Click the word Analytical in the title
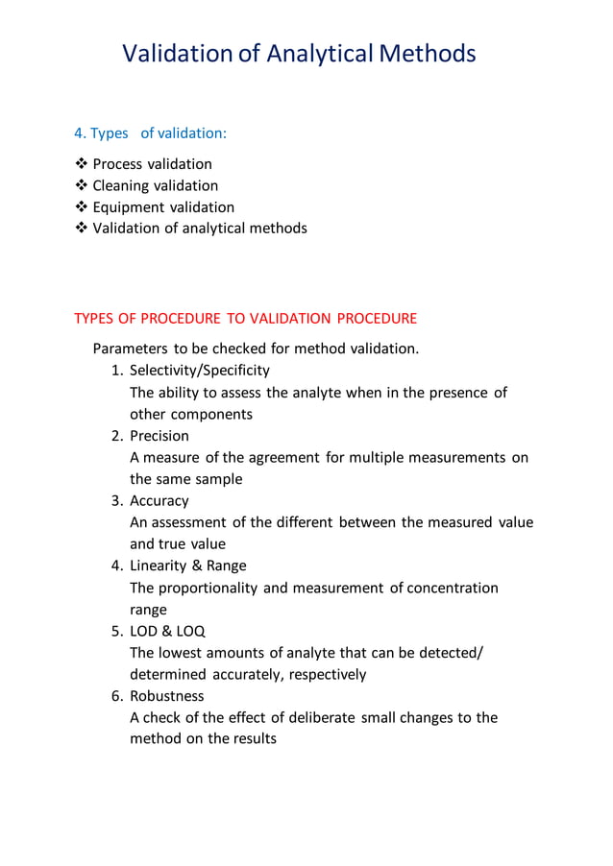tap(319, 53)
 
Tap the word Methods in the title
tap(428, 53)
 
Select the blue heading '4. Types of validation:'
tap(151, 132)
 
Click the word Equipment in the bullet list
tap(130, 207)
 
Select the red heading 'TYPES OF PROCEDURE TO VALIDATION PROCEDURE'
tap(245, 318)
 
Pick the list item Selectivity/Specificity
tap(200, 371)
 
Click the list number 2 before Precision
tap(114, 436)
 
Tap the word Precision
tap(159, 436)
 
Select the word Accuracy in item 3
tap(159, 501)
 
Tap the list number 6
tap(114, 696)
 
